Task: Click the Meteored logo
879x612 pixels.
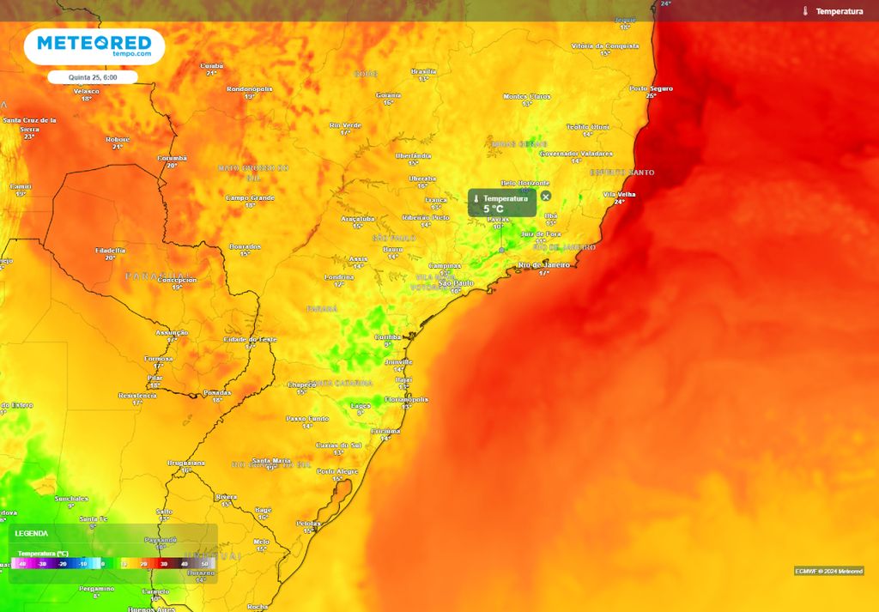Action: [94, 46]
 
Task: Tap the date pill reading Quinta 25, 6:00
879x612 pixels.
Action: [94, 77]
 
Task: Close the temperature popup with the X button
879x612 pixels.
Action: [546, 197]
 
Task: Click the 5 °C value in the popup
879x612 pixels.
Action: [494, 209]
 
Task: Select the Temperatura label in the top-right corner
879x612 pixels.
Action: [839, 11]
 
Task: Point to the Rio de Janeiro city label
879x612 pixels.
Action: [544, 265]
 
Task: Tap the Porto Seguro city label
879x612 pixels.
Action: [651, 88]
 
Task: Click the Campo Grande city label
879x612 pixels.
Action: [250, 198]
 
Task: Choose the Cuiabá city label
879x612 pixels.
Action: [211, 65]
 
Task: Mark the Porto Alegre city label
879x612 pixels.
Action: [337, 471]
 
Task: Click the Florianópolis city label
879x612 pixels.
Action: [407, 399]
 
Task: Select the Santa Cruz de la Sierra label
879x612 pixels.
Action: [30, 124]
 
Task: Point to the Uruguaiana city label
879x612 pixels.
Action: [186, 463]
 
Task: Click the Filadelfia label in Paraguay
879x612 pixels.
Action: [110, 250]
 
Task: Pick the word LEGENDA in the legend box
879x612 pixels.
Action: [32, 534]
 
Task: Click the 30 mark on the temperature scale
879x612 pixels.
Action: [163, 564]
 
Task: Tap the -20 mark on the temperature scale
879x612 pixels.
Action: [62, 564]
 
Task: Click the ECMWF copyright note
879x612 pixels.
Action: [828, 571]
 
